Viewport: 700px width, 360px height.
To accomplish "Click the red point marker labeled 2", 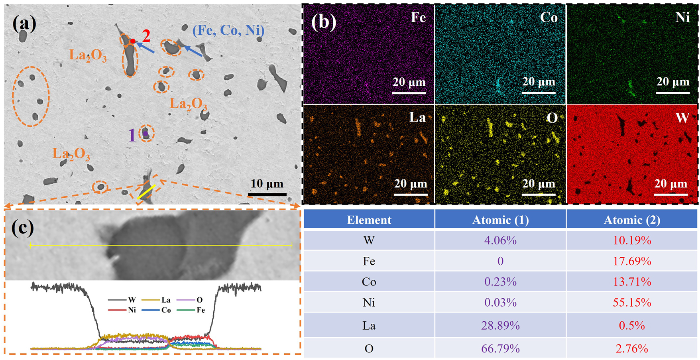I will (133, 41).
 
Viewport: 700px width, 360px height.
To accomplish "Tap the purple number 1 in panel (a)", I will (132, 136).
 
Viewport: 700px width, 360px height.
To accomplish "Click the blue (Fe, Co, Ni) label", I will (228, 30).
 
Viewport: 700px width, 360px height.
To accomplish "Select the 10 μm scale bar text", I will (267, 184).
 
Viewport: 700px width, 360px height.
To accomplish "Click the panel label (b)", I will (323, 22).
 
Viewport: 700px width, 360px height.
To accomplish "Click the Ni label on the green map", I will (682, 18).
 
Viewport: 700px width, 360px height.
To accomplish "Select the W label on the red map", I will (682, 118).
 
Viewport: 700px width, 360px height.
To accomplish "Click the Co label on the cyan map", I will (549, 18).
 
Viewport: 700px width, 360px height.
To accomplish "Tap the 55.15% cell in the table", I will (632, 303).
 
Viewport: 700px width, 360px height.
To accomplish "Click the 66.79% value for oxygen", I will (500, 348).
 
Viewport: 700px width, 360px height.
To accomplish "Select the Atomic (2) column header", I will (632, 220).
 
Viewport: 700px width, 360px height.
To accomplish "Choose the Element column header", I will (369, 220).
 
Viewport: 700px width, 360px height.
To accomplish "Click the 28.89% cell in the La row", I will (500, 326).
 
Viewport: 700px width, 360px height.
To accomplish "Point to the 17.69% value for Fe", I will (632, 261).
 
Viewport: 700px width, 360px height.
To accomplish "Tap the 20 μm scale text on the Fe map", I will (409, 82).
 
